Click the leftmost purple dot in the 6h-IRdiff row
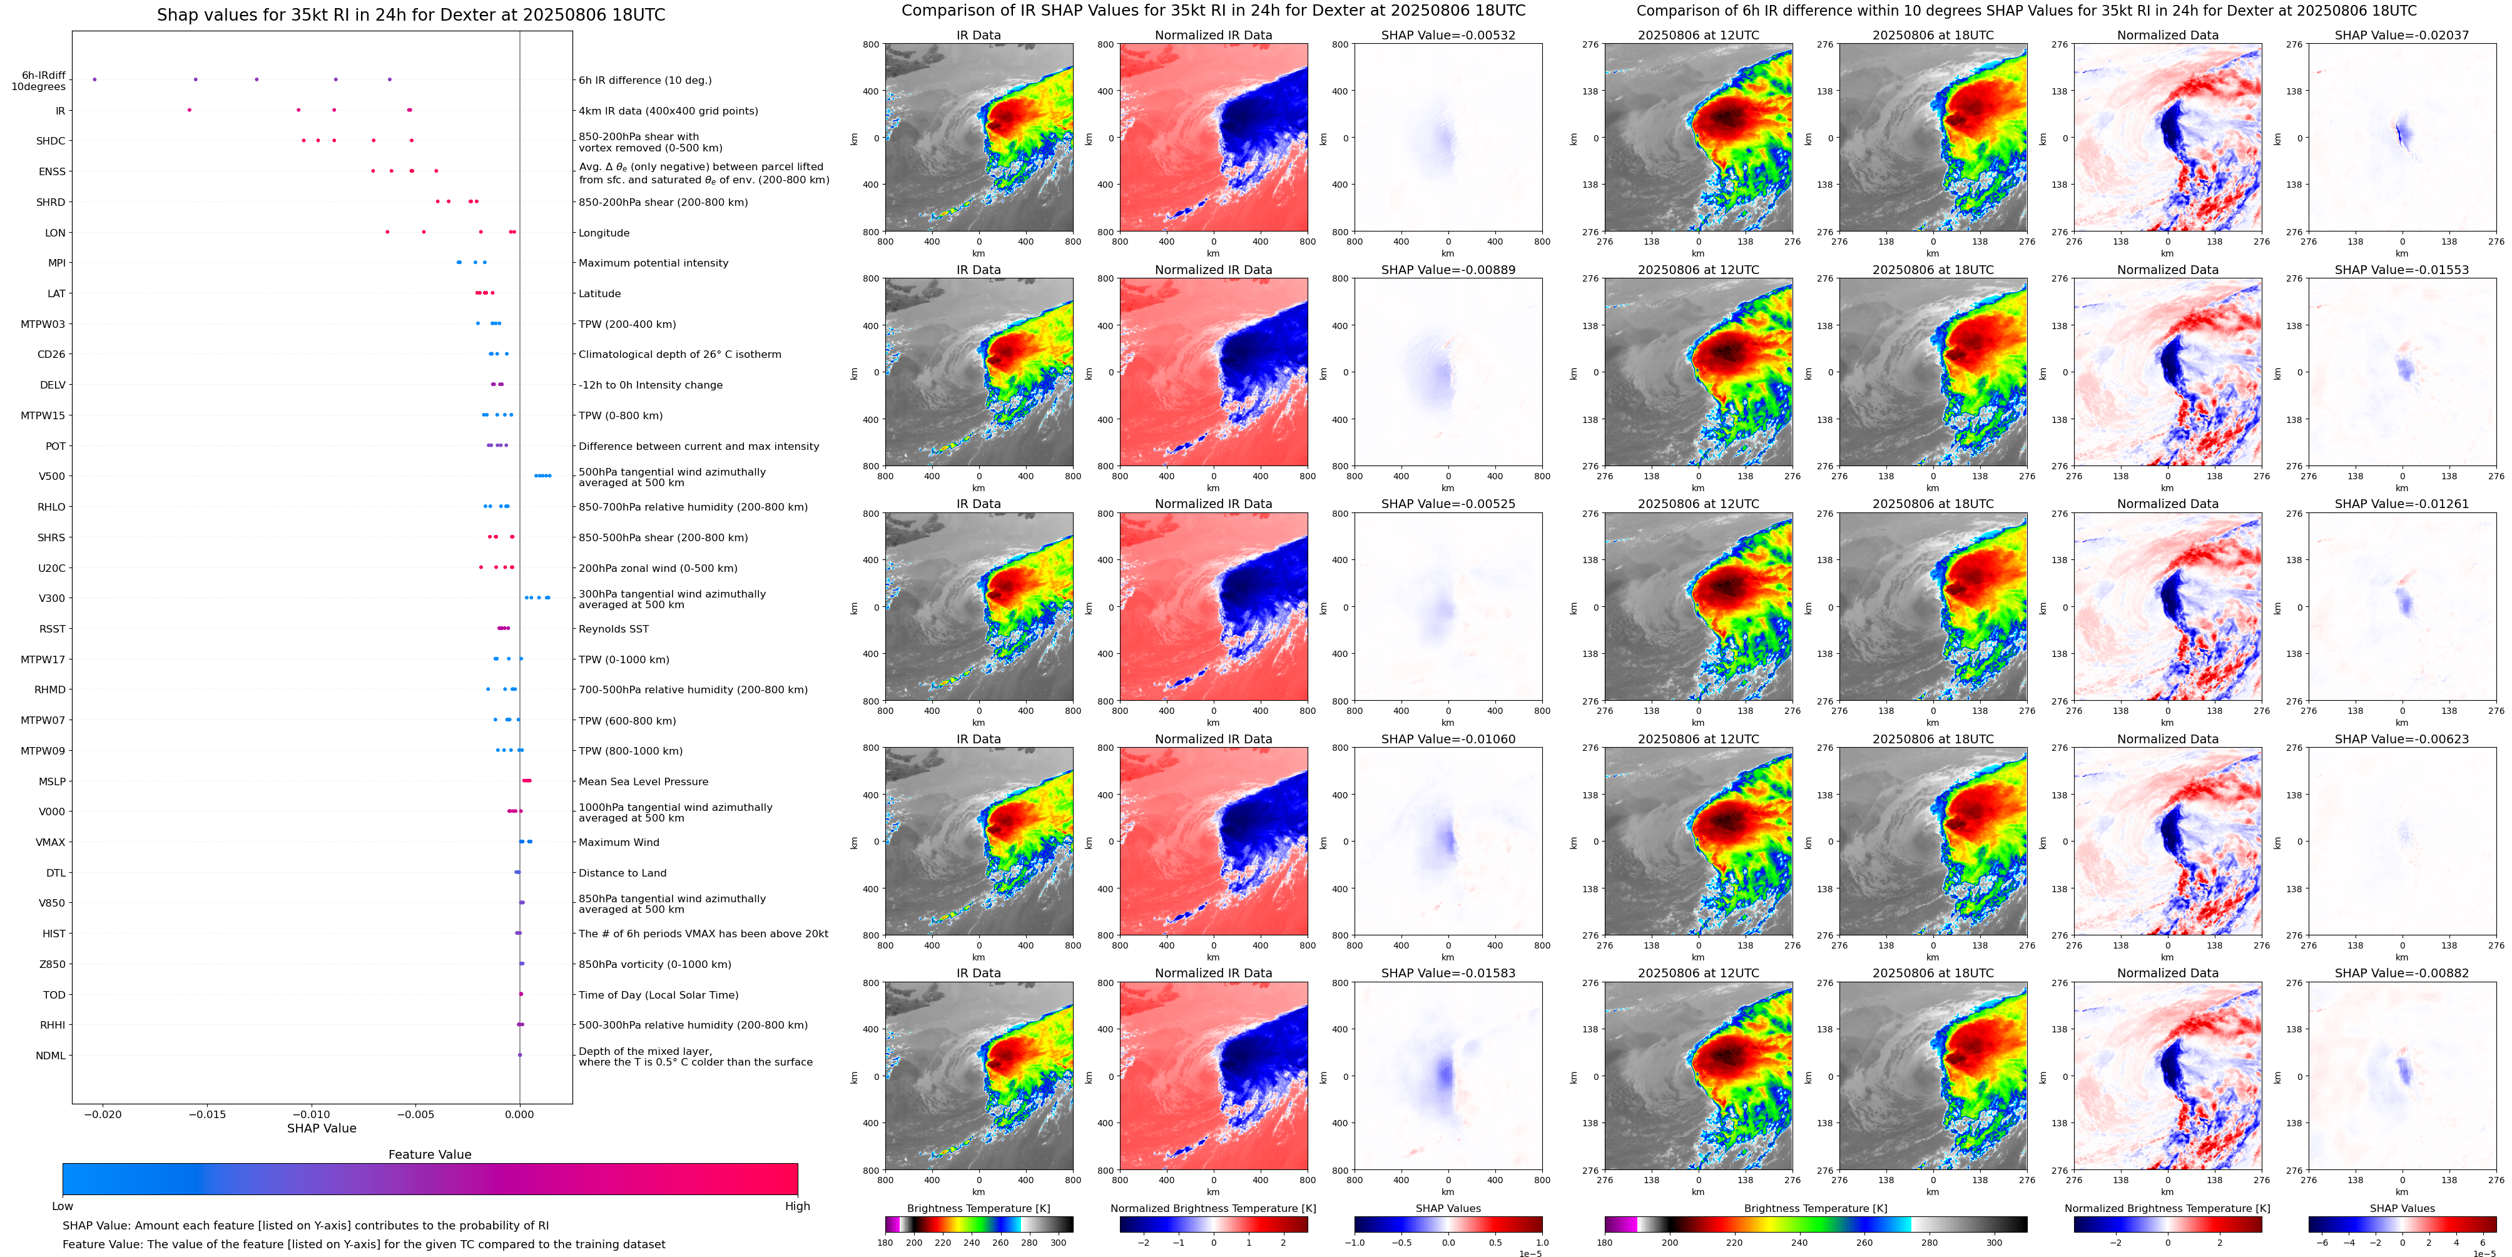(x=94, y=79)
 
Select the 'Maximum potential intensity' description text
(x=653, y=263)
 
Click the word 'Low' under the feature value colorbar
(x=63, y=1206)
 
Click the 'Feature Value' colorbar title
(x=429, y=1154)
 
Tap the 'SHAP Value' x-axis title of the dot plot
(x=322, y=1128)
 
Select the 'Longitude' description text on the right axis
(x=604, y=233)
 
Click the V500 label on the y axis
(x=52, y=477)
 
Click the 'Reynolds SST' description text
(x=613, y=629)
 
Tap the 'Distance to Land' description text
(x=622, y=873)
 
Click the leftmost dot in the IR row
(x=189, y=110)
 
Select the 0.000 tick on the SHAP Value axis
(x=520, y=1114)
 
